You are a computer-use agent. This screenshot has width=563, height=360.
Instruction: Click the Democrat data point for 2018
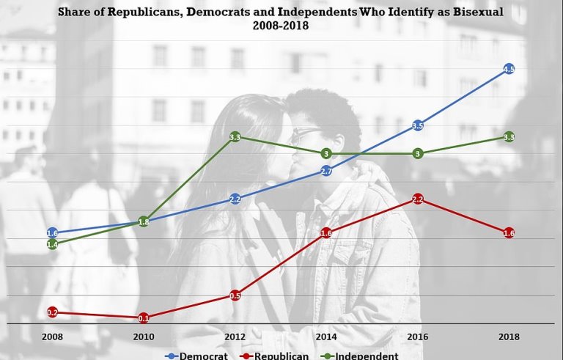pyautogui.click(x=509, y=70)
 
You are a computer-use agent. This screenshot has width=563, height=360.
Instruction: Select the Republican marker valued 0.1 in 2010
pyautogui.click(x=144, y=317)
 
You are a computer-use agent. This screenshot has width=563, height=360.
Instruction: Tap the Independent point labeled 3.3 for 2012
pyautogui.click(x=235, y=137)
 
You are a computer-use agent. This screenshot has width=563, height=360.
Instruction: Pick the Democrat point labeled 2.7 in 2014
pyautogui.click(x=327, y=171)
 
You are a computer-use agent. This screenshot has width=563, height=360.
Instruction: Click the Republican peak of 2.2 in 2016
pyautogui.click(x=418, y=199)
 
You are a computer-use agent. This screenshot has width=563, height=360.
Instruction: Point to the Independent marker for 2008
pyautogui.click(x=52, y=244)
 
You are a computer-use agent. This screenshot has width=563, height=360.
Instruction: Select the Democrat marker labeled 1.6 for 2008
pyautogui.click(x=52, y=233)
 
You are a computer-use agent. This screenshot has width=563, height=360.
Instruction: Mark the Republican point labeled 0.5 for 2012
pyautogui.click(x=235, y=295)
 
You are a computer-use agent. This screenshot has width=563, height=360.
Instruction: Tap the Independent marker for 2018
pyautogui.click(x=509, y=137)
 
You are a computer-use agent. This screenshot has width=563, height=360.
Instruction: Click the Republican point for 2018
pyautogui.click(x=509, y=233)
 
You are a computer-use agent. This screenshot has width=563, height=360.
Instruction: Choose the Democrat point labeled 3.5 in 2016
pyautogui.click(x=418, y=126)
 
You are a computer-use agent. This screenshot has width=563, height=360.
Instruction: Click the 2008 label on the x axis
pyautogui.click(x=52, y=337)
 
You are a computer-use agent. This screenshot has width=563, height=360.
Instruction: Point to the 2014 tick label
pyautogui.click(x=327, y=337)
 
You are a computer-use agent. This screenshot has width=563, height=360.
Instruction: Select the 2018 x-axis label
pyautogui.click(x=509, y=337)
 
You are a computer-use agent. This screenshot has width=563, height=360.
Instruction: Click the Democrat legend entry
pyautogui.click(x=198, y=356)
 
